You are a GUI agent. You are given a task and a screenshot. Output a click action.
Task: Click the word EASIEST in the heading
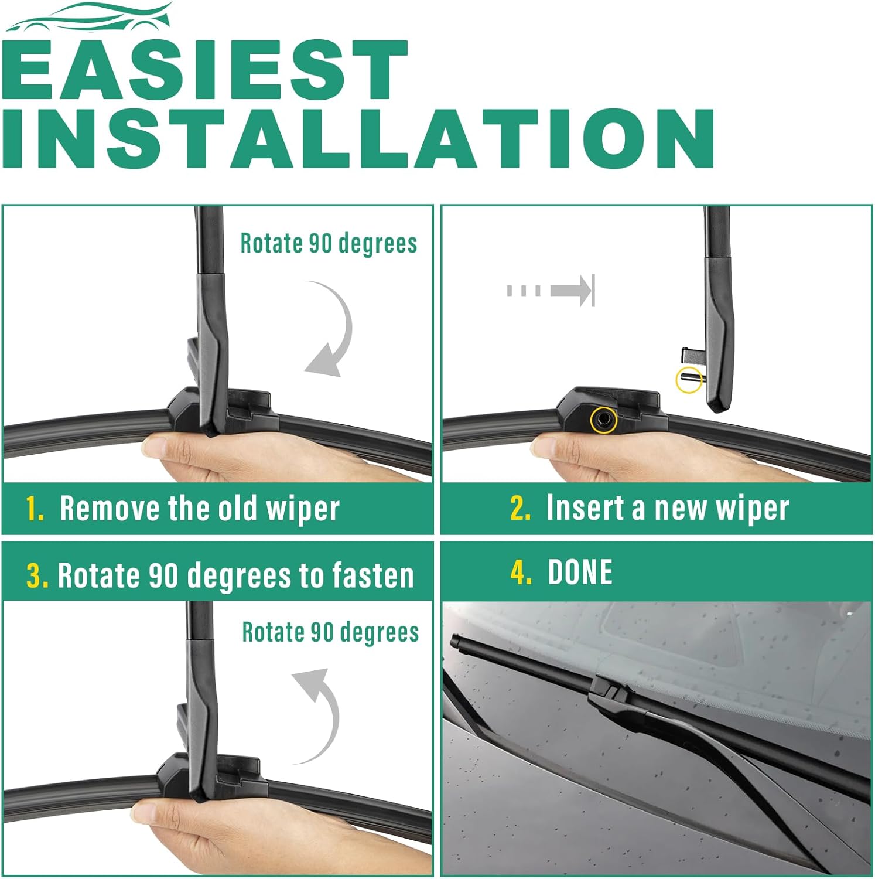tap(205, 70)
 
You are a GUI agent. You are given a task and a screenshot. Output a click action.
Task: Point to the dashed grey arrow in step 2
tap(551, 290)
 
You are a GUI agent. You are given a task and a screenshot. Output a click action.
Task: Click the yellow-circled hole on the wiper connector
tap(604, 420)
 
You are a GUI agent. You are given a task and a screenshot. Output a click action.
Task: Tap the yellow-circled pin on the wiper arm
tap(689, 379)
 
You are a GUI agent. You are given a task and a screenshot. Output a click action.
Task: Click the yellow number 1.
tap(35, 509)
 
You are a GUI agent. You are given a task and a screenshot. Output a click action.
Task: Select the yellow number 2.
tap(520, 508)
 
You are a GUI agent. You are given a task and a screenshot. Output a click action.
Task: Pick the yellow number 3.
tap(37, 575)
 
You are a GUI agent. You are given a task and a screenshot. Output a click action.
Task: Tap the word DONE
tap(580, 572)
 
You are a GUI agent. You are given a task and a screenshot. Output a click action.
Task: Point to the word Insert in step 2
tap(585, 507)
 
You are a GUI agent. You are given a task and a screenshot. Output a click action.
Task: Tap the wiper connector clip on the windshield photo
tap(613, 691)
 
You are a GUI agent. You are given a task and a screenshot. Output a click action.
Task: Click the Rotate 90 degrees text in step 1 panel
tap(329, 243)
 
